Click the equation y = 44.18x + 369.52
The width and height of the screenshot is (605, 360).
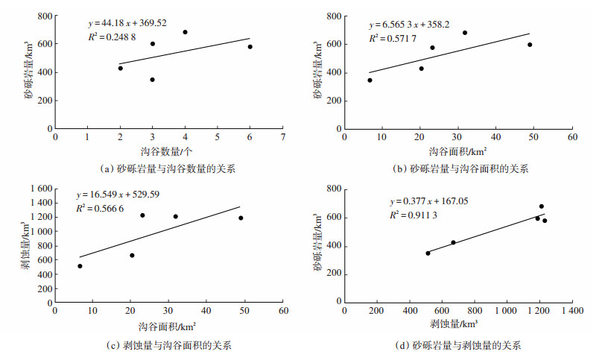[x=132, y=24]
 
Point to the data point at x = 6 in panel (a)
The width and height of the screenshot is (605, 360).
[x=250, y=47]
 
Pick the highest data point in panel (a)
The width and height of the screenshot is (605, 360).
[x=185, y=32]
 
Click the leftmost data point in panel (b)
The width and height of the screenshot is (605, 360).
[x=370, y=80]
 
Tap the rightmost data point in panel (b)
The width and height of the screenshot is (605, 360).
[x=530, y=45]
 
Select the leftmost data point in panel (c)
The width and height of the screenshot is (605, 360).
[x=80, y=266]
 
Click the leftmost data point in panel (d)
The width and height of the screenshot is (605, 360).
[x=428, y=253]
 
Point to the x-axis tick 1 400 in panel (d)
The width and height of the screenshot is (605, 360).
[x=572, y=310]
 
